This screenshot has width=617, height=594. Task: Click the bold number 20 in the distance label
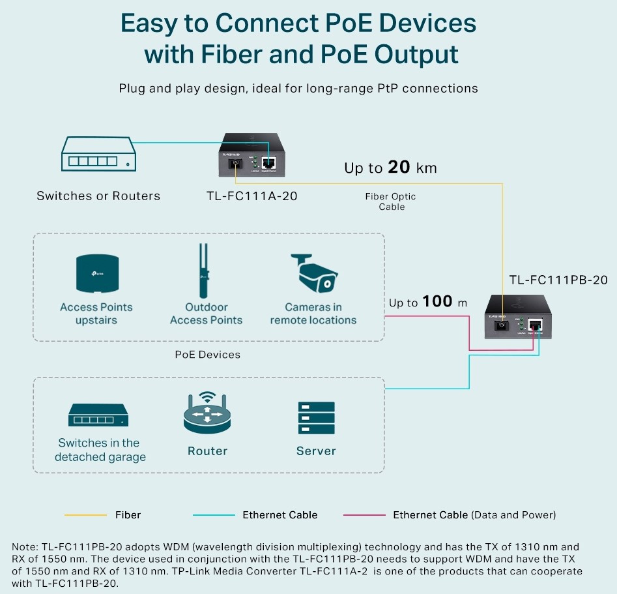pyautogui.click(x=399, y=168)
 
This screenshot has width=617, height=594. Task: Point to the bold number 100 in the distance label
pyautogui.click(x=437, y=301)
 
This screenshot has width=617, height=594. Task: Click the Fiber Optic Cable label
pyautogui.click(x=391, y=201)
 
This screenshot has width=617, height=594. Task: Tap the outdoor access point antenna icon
pyautogui.click(x=205, y=271)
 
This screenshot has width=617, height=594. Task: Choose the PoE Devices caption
pyautogui.click(x=208, y=355)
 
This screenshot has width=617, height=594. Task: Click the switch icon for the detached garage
pyautogui.click(x=100, y=415)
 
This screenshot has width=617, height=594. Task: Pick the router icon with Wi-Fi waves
pyautogui.click(x=207, y=412)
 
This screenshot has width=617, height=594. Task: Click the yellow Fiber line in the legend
pyautogui.click(x=85, y=515)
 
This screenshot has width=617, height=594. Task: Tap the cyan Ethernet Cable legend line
pyautogui.click(x=214, y=515)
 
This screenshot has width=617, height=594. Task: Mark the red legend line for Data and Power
pyautogui.click(x=364, y=515)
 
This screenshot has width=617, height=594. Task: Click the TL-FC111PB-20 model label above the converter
pyautogui.click(x=558, y=280)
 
